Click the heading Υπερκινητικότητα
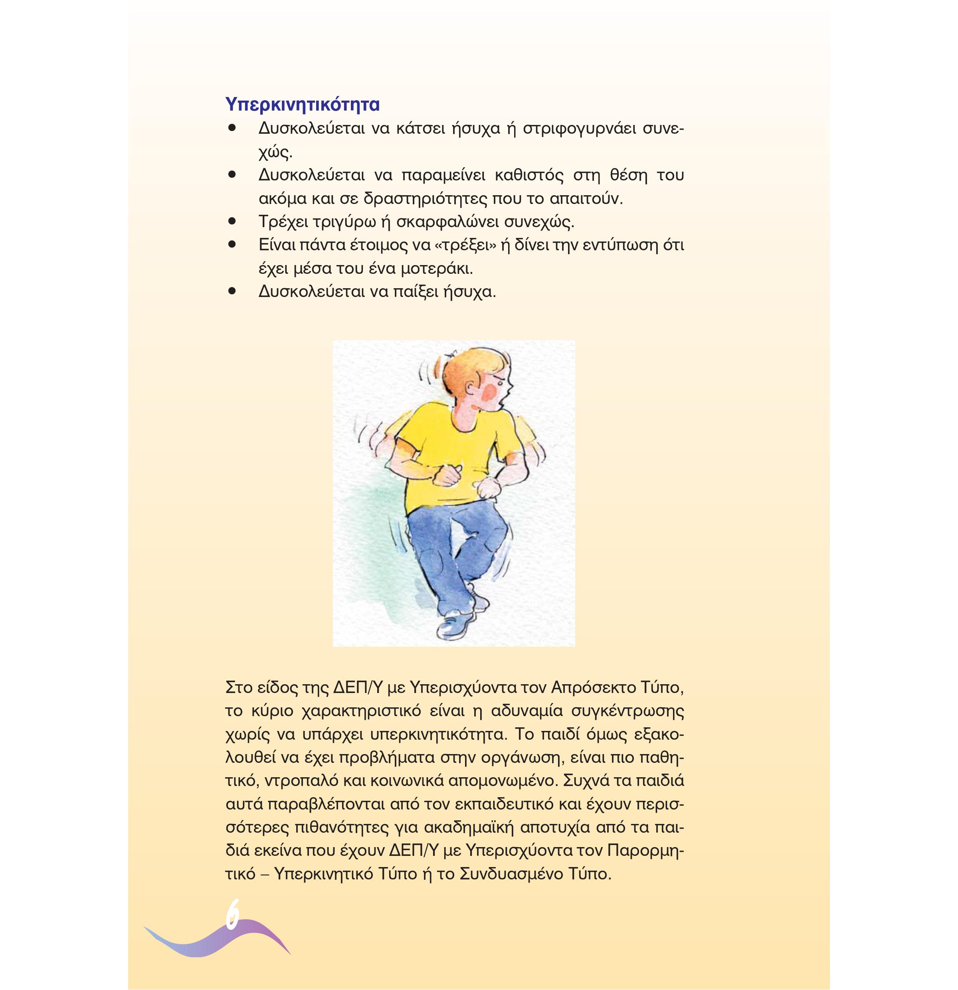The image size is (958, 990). tap(303, 105)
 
